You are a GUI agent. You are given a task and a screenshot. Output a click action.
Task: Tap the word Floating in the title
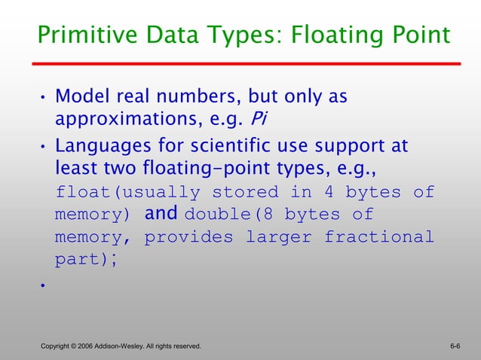click(x=326, y=35)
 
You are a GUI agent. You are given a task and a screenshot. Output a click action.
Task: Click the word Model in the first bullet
click(x=81, y=97)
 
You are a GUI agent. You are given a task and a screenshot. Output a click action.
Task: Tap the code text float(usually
click(x=128, y=192)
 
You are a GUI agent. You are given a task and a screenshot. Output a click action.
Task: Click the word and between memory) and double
click(x=160, y=214)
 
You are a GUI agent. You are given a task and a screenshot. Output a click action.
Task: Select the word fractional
click(x=379, y=238)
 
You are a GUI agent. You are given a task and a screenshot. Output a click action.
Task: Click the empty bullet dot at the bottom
click(x=44, y=286)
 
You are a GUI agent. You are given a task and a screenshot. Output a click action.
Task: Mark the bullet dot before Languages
click(x=44, y=145)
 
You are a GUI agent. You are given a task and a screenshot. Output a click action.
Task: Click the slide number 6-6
click(x=455, y=346)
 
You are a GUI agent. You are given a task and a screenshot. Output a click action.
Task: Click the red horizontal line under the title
click(x=249, y=64)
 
